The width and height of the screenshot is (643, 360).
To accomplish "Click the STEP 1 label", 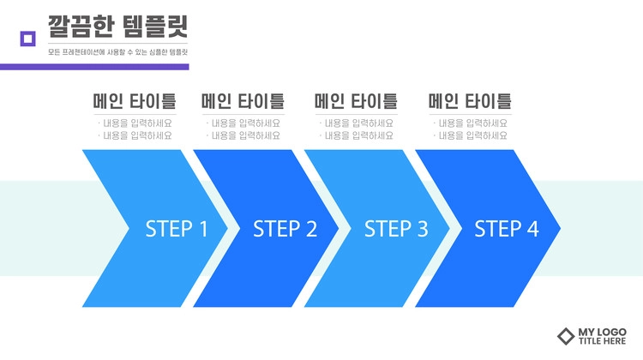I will [x=177, y=229].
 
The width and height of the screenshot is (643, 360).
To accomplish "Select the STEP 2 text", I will [x=285, y=229].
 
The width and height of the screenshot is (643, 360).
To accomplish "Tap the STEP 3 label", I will [x=396, y=229].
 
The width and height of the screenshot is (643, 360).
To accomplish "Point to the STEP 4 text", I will [x=507, y=229].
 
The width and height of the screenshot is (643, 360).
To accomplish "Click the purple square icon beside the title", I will [x=28, y=39].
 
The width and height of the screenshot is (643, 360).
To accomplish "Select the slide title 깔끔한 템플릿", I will [x=117, y=27].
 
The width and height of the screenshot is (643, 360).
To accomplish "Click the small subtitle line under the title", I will [x=117, y=52].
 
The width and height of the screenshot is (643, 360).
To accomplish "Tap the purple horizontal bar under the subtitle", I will [x=94, y=67].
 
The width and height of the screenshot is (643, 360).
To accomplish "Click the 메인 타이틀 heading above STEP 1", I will [x=135, y=101].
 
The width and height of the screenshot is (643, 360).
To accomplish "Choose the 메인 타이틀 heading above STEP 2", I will [x=243, y=101].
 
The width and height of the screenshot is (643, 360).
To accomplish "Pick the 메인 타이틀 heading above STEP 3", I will [x=356, y=101].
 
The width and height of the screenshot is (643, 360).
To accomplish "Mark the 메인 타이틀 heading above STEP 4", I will [x=470, y=101].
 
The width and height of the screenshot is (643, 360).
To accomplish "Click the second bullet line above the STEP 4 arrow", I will [x=471, y=135].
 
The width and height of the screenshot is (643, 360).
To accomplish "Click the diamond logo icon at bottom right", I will [x=566, y=336].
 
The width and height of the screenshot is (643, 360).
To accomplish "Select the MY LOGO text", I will [x=603, y=332].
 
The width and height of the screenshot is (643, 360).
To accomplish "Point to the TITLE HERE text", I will [x=603, y=341].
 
